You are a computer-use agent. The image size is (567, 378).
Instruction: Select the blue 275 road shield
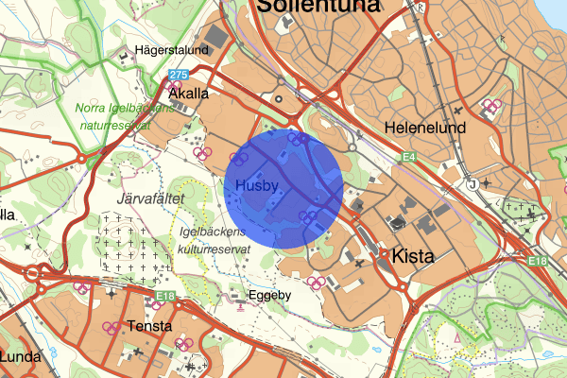pos(179,74)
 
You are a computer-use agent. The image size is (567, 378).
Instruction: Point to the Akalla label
pos(187,94)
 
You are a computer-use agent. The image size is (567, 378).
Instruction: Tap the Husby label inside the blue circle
pos(257,185)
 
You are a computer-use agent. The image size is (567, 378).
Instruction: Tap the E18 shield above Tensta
pos(166,297)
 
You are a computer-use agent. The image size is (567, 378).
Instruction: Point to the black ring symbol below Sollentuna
pos(278,97)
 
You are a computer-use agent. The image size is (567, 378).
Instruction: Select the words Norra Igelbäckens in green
pos(123,108)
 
